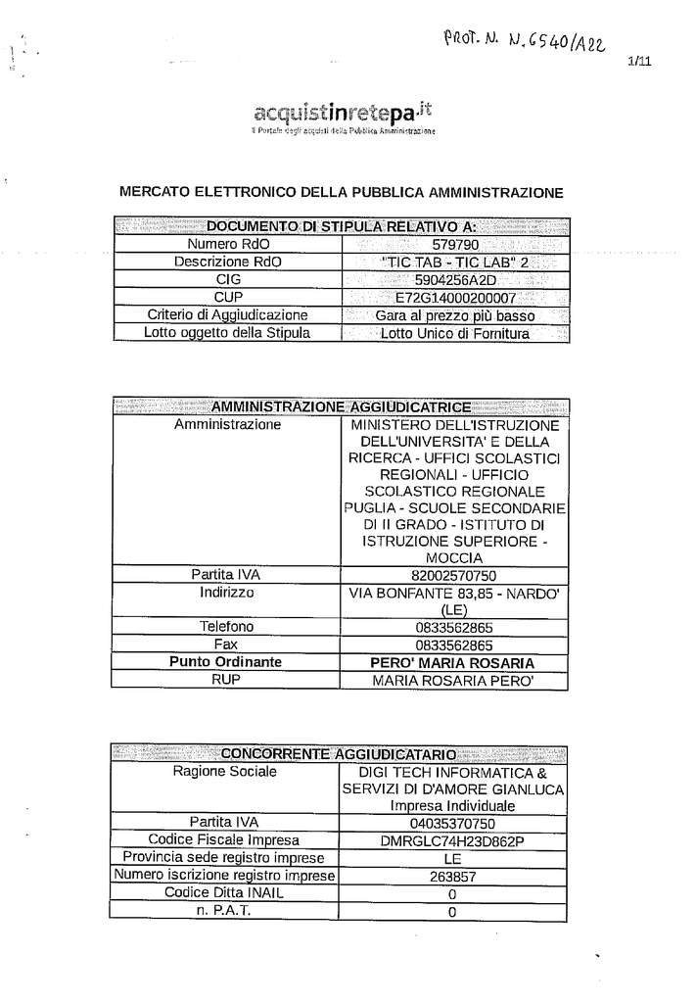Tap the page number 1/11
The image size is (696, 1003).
636,62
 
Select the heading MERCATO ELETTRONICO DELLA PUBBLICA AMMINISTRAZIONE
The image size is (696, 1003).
341,192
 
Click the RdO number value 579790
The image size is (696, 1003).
454,244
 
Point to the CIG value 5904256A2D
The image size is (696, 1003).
454,279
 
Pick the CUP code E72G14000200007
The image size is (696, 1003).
454,297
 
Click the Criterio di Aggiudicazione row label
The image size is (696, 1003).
227,315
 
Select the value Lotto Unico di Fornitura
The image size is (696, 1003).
454,333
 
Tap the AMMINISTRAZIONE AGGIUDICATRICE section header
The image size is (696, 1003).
341,406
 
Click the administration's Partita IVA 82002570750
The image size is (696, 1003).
454,575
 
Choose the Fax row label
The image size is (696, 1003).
226,645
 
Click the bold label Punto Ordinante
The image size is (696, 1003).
226,662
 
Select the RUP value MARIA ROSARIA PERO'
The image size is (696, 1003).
454,680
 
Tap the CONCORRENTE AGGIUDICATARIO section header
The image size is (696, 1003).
339,754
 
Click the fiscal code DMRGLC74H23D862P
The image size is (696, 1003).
452,840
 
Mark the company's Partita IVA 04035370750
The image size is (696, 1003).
452,823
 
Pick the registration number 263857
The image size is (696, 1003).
452,877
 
